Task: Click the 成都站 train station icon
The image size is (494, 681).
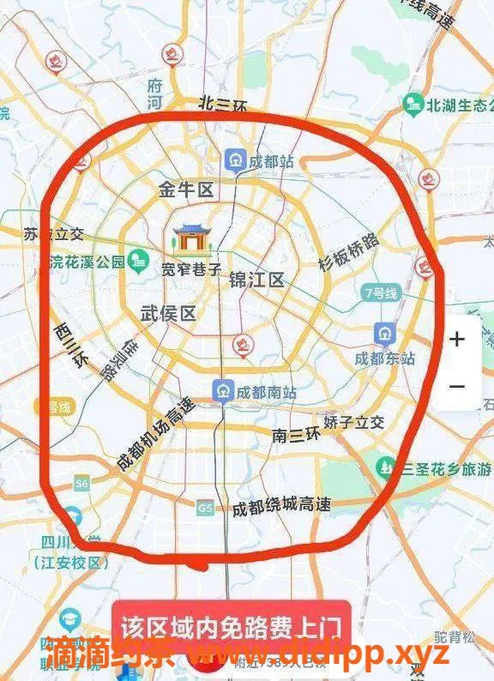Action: click(x=234, y=160)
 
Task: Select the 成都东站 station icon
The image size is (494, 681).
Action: click(x=384, y=333)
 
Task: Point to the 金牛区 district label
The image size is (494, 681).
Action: click(x=185, y=190)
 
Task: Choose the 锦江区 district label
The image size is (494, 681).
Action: click(x=256, y=280)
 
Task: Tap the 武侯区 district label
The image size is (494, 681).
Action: click(x=168, y=314)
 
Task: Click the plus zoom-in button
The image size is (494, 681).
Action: click(x=457, y=339)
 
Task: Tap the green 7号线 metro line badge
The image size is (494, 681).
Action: click(x=381, y=292)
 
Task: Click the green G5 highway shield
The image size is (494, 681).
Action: click(x=204, y=506)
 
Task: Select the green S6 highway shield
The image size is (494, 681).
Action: click(x=82, y=484)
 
